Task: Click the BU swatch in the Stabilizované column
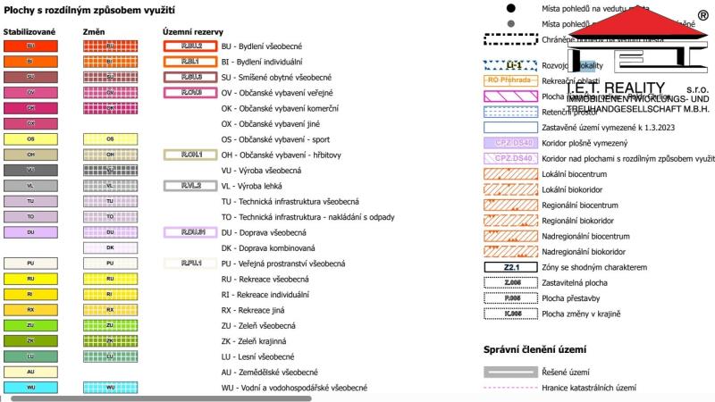tap(30, 46)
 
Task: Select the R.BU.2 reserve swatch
tap(190, 46)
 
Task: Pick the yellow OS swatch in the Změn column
tap(110, 139)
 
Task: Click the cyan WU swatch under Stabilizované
tap(30, 388)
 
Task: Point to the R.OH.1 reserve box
tap(190, 155)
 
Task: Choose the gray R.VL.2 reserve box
tap(190, 186)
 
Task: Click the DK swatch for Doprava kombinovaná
tap(110, 247)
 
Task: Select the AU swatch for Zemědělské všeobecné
tap(30, 372)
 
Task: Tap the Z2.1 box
tap(511, 267)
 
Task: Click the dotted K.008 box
tap(511, 314)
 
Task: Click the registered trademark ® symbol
tap(703, 15)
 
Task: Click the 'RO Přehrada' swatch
tap(511, 80)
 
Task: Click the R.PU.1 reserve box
tap(190, 264)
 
